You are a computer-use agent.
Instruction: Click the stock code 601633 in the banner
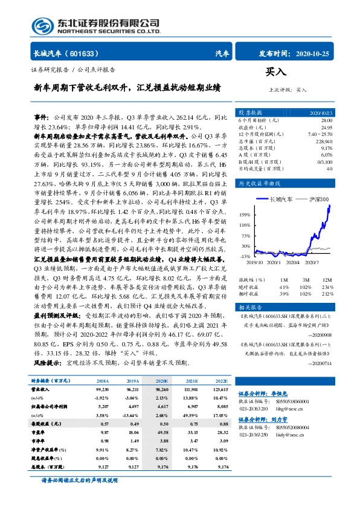pos(86,53)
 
